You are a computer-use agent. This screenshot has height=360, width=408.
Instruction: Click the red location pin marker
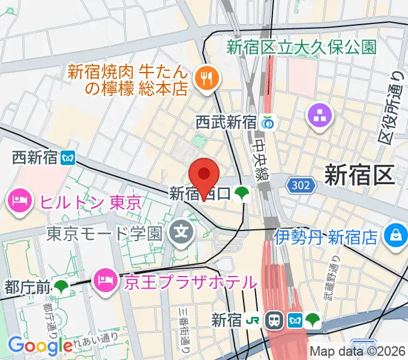coord(204,175)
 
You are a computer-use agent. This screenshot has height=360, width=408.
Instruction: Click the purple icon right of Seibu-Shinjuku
coord(319,117)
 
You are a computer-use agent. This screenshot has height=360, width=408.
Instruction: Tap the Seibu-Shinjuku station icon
coord(268,122)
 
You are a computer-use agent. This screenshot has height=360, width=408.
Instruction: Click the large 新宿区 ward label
coord(359,175)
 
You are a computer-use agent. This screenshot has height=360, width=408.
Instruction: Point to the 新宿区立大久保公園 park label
coord(302,47)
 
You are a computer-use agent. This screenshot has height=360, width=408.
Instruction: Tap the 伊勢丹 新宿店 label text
coord(327,237)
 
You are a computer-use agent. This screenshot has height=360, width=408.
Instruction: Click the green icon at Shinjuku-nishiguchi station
coord(242,193)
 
